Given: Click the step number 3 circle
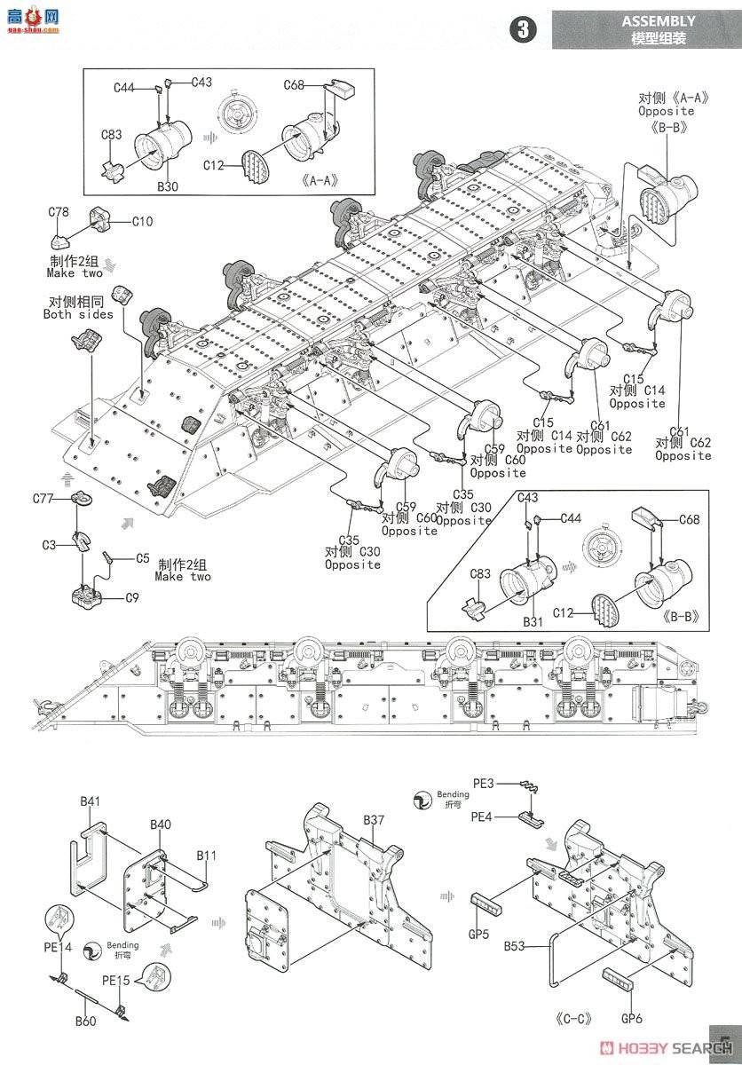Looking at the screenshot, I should [x=523, y=28].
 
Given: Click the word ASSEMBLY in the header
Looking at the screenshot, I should [x=658, y=20].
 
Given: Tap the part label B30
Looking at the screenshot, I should [x=168, y=186].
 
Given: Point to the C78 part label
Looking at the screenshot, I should [x=59, y=213].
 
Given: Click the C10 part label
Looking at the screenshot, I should [x=142, y=221].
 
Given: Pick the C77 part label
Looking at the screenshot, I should [x=54, y=501].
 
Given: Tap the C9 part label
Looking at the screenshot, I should [x=131, y=597].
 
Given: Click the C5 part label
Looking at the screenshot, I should [x=142, y=558].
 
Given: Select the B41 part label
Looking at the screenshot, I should [x=91, y=801].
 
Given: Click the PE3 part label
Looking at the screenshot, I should [x=483, y=783].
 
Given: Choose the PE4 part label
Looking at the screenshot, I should [x=482, y=816].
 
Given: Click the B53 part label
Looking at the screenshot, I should [x=517, y=947].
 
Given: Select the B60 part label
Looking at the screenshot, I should [x=85, y=1021].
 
